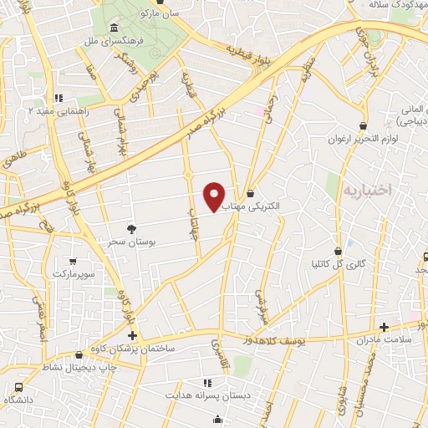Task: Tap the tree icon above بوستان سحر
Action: [130, 228]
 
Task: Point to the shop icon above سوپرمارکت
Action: [73, 262]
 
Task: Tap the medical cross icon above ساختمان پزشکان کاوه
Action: [132, 335]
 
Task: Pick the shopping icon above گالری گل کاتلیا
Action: [338, 251]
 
